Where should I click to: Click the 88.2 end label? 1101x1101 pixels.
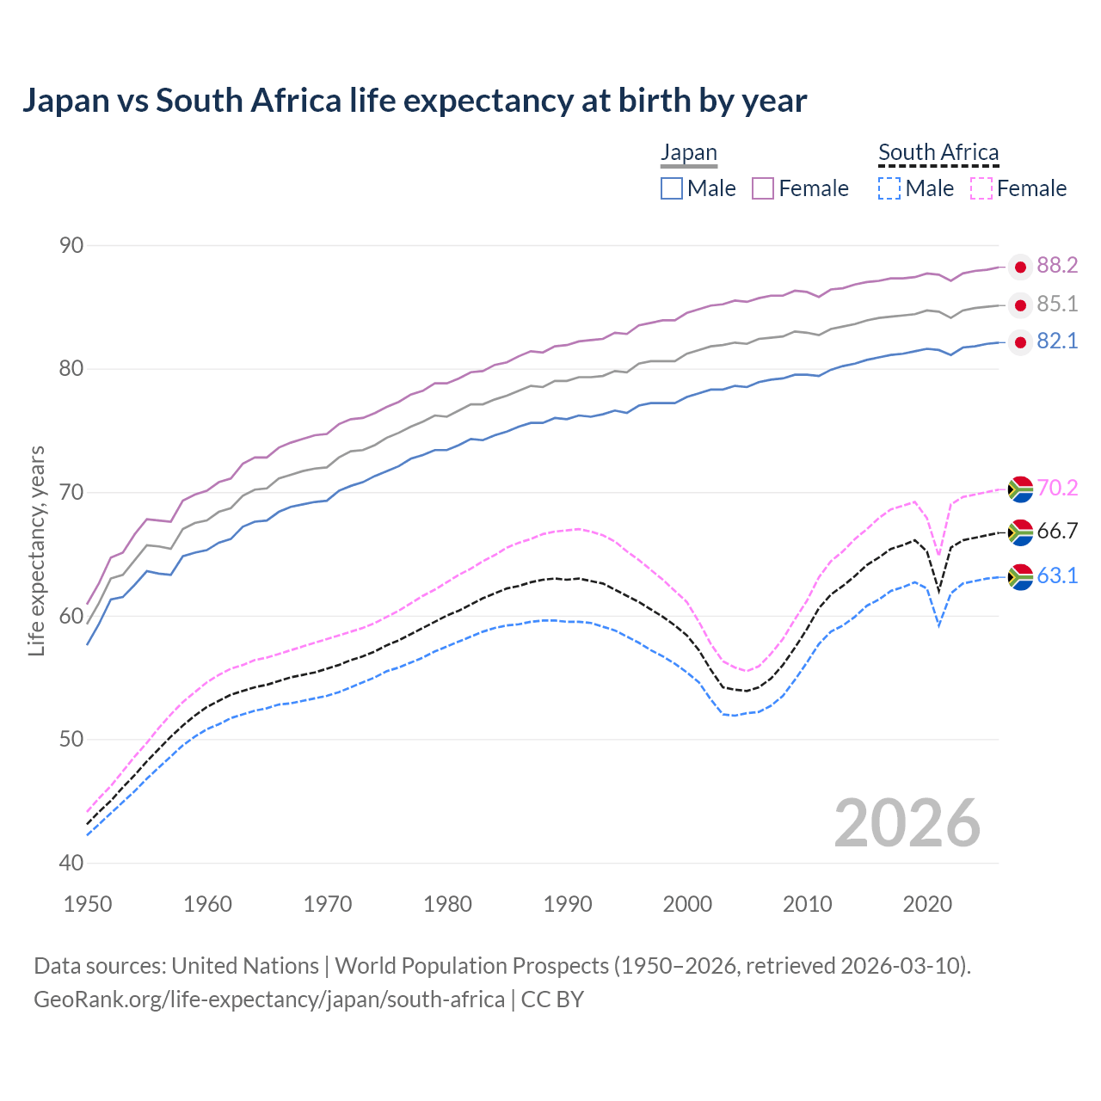pos(1057,265)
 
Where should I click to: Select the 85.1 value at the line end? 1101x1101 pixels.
pos(1057,304)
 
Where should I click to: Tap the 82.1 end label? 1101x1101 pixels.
pos(1057,341)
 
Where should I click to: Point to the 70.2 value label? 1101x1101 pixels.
pos(1057,488)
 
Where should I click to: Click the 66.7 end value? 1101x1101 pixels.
pos(1057,531)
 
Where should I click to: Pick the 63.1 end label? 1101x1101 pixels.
pos(1057,575)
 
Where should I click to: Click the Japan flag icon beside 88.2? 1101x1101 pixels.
pos(1020,267)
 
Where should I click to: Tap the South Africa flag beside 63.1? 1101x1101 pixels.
pos(1020,576)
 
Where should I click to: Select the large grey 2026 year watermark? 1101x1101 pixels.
pos(907,823)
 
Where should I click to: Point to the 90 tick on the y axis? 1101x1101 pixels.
pos(71,246)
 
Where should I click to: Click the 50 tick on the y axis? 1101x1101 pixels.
pos(71,740)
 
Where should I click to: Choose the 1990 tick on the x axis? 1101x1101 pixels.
pos(568,904)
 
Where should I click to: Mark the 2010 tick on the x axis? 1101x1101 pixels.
pos(808,904)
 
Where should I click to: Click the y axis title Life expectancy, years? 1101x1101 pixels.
pos(37,550)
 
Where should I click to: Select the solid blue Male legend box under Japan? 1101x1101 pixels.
pos(672,188)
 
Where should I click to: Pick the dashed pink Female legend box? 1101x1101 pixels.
pos(981,188)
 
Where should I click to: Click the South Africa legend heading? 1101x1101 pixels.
pos(938,152)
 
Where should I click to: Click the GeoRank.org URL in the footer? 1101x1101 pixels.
pos(268,1000)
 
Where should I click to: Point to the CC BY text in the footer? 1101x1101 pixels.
pos(552,1000)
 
